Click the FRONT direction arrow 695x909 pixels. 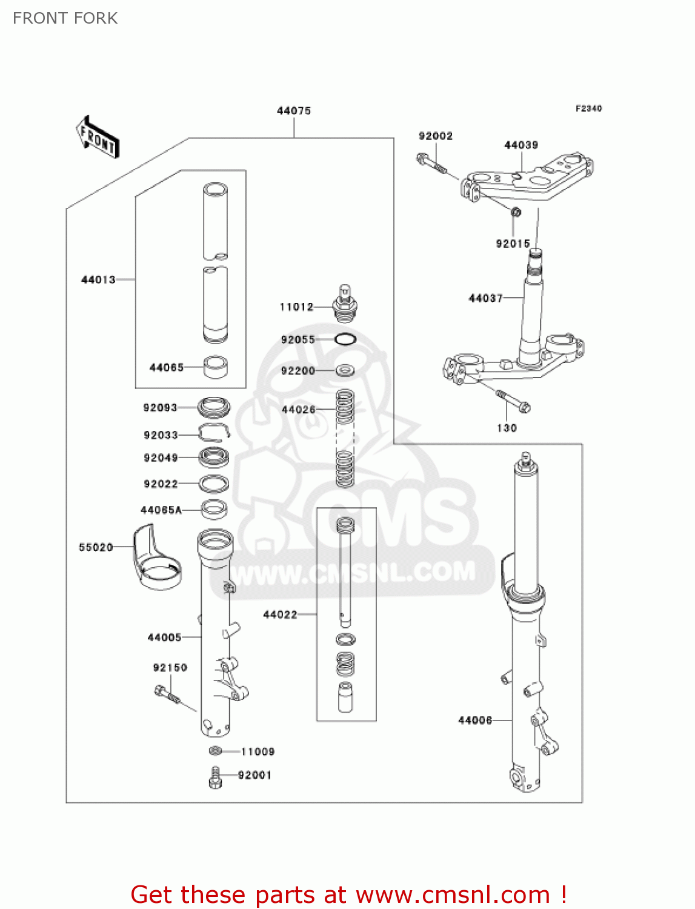click(98, 138)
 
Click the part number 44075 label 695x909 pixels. click(294, 111)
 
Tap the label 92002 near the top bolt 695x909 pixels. click(436, 136)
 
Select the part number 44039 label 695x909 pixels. click(521, 145)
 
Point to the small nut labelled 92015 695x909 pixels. click(516, 213)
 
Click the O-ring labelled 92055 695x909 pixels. click(345, 339)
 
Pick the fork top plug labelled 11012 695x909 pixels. click(345, 304)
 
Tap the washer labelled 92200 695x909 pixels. click(345, 370)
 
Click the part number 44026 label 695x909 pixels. click(298, 410)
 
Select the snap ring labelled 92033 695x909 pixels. click(214, 433)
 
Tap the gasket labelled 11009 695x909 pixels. click(215, 751)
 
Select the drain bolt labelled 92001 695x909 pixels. click(215, 777)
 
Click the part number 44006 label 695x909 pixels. click(475, 721)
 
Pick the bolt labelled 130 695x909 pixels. click(514, 401)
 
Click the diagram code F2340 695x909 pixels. click(588, 108)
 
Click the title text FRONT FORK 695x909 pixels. click(65, 18)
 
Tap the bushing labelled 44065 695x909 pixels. click(215, 367)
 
